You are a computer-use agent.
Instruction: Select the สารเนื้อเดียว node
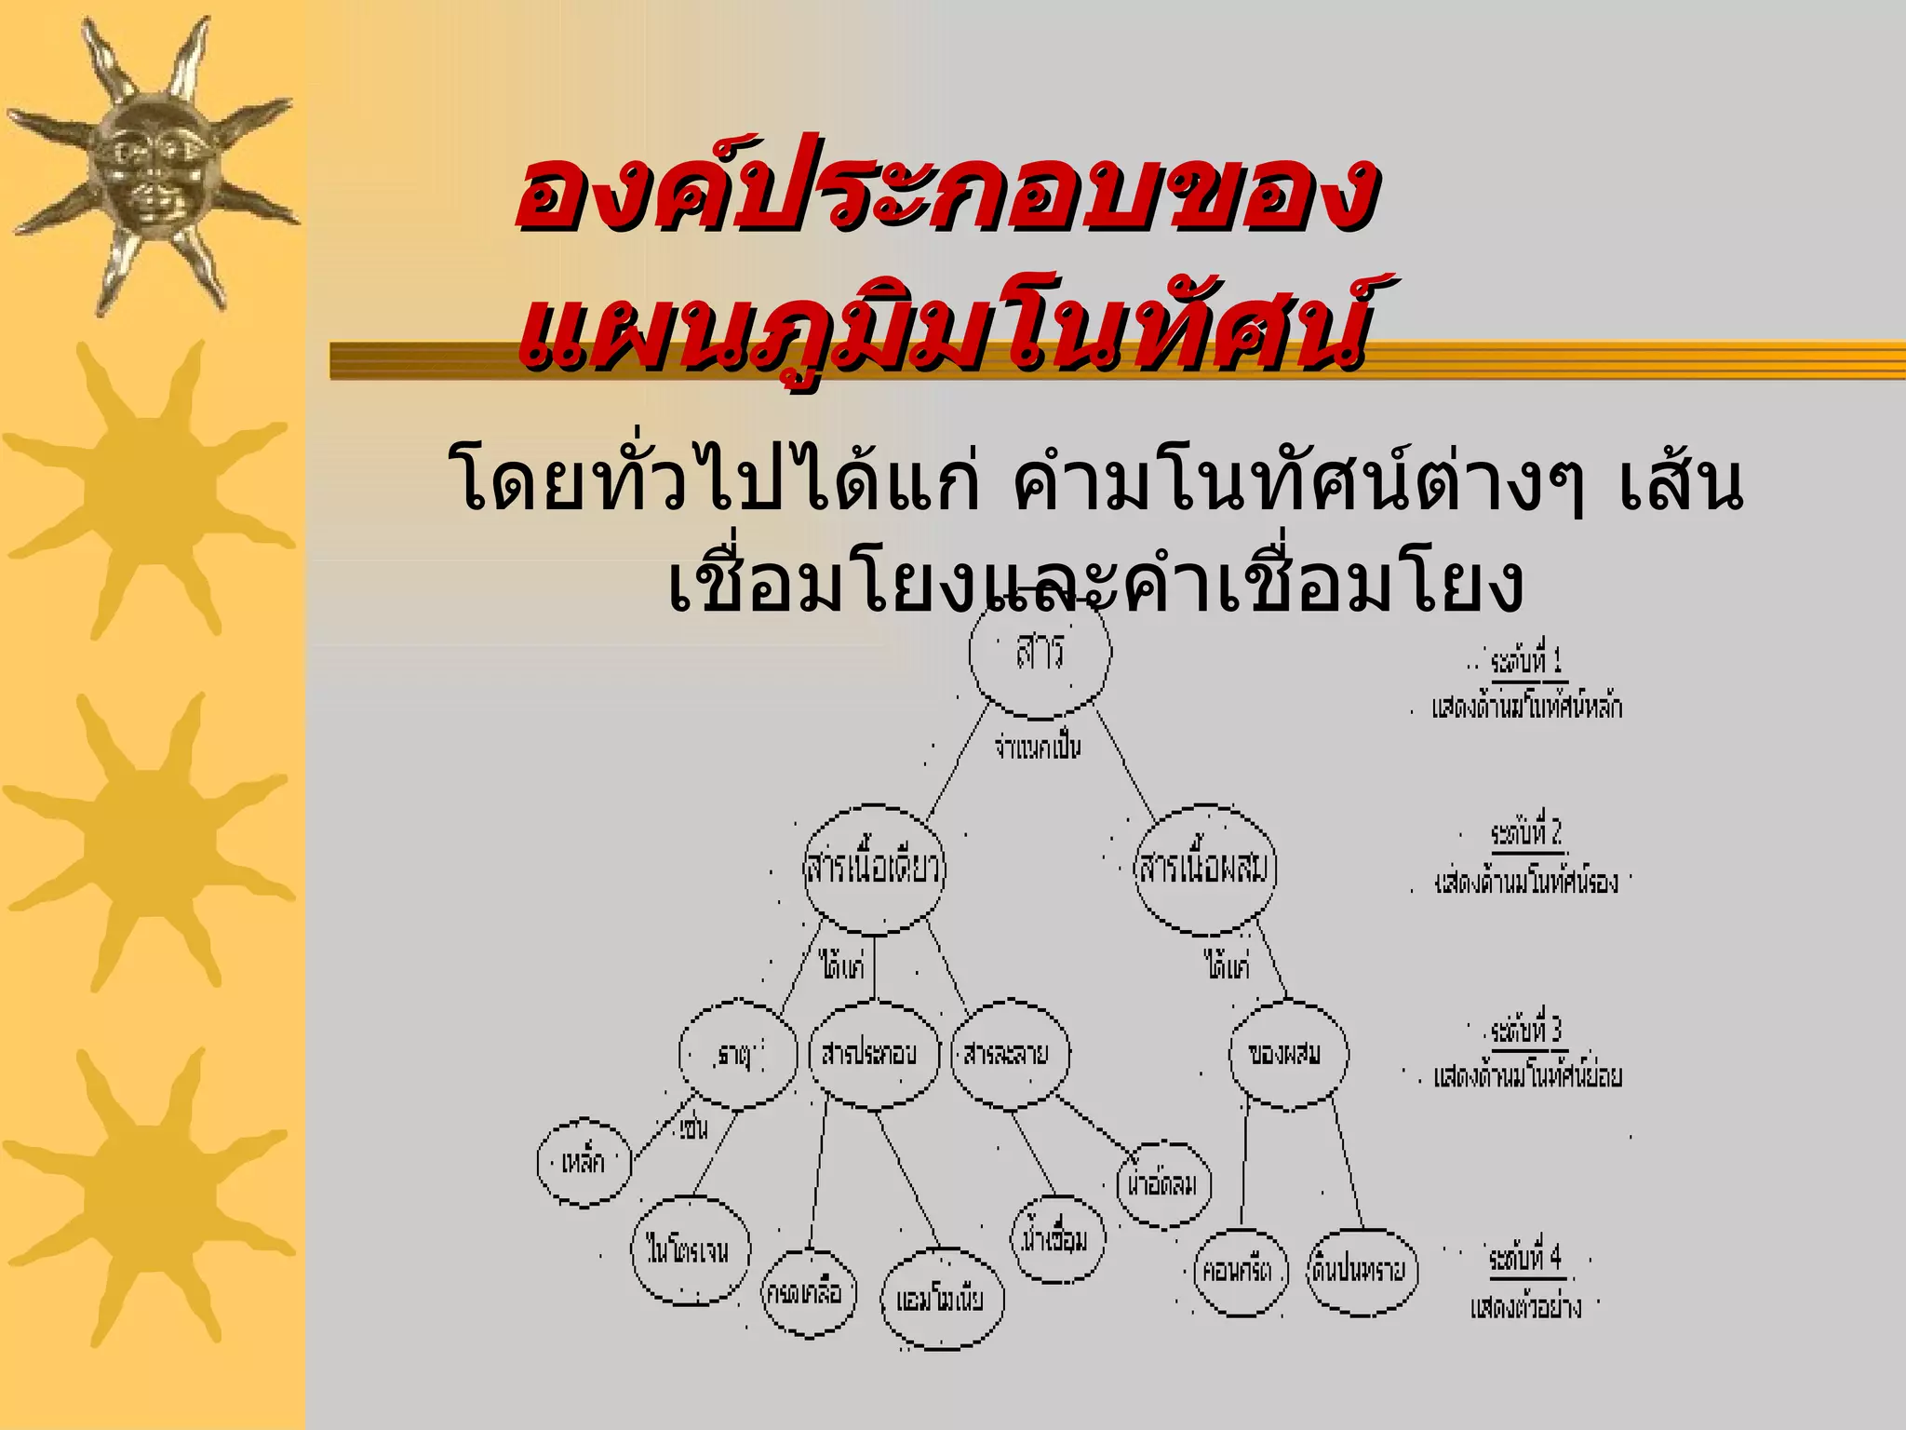click(873, 869)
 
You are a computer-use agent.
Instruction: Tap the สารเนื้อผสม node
click(1205, 869)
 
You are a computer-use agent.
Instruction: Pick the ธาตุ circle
click(738, 1056)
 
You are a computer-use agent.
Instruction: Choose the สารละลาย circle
click(1010, 1054)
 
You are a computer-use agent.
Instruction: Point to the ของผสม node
click(1287, 1054)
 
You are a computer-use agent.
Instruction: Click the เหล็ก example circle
click(584, 1162)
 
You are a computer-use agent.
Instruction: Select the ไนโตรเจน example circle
click(689, 1250)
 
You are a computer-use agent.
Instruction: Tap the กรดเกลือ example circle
click(808, 1293)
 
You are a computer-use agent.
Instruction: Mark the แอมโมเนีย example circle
click(942, 1300)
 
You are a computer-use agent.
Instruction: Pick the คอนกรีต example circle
click(1240, 1272)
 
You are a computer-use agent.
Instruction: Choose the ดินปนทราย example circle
click(1362, 1272)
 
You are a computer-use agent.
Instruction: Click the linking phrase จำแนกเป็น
click(1038, 748)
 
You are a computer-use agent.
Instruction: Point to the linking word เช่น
click(693, 1129)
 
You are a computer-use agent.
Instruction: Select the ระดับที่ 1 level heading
click(1526, 662)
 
